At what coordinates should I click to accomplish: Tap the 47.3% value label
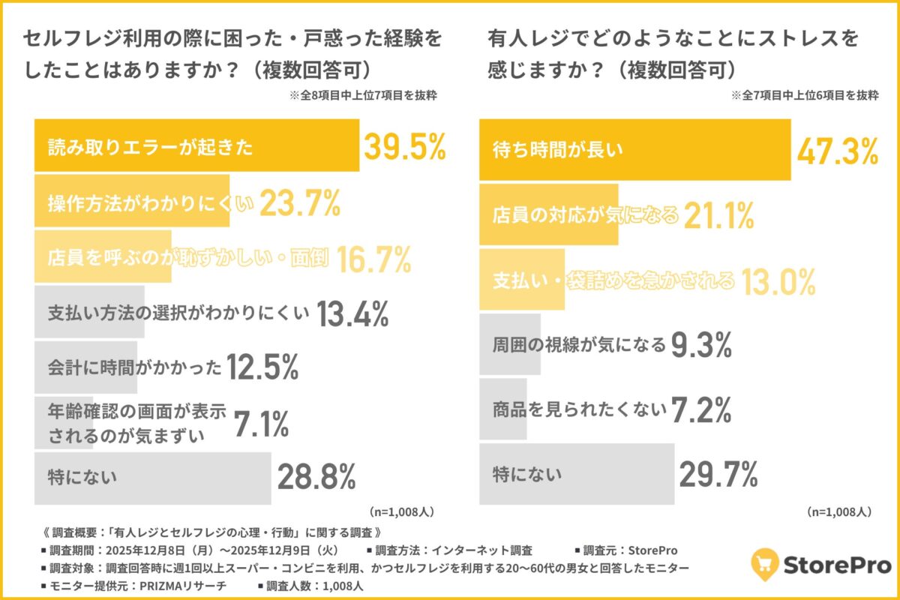click(837, 151)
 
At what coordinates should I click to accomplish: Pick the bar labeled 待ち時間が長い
click(634, 151)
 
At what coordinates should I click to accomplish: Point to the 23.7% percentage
click(300, 202)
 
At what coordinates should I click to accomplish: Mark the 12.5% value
click(263, 367)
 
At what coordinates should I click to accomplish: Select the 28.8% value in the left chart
click(316, 476)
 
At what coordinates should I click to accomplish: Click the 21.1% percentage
click(717, 216)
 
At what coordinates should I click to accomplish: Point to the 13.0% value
click(778, 281)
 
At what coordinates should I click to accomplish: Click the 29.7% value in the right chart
click(718, 474)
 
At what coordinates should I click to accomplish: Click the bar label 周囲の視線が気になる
click(579, 345)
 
